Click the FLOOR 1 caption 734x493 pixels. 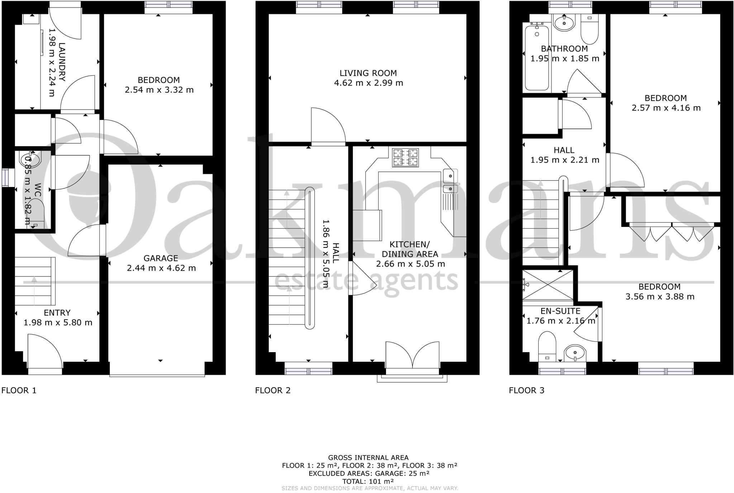[19, 390]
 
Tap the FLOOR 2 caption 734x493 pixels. [273, 390]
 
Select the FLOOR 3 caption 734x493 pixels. [526, 390]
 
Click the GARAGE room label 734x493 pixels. [161, 258]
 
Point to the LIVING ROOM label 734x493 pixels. [368, 73]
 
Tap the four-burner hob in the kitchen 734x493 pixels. [405, 158]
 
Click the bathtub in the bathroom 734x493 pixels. [537, 57]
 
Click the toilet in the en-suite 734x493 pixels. [547, 346]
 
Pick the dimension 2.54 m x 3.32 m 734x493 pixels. [159, 90]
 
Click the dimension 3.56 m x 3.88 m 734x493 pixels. [660, 297]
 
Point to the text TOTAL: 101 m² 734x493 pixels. [368, 481]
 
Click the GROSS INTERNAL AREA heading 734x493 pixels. [368, 458]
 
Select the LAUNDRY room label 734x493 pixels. [62, 62]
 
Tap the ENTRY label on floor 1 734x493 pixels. [57, 313]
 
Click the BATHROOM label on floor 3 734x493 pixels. [564, 49]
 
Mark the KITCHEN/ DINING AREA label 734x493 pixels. [410, 249]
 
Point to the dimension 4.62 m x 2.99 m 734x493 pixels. [368, 83]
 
